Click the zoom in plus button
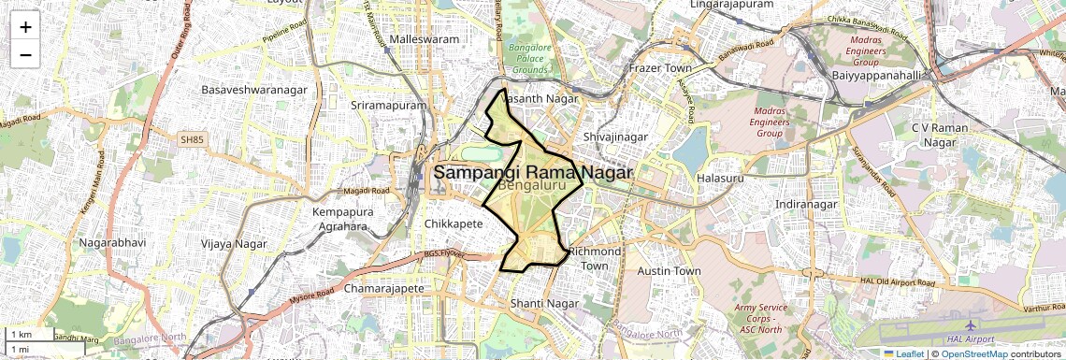point(25,27)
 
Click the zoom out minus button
point(25,54)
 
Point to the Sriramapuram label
point(388,106)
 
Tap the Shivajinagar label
point(615,137)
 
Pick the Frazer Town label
point(660,69)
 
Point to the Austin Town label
point(669,271)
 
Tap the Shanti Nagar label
point(546,304)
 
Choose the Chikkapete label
point(454,224)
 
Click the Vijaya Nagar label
point(234,244)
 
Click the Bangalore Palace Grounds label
point(529,57)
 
